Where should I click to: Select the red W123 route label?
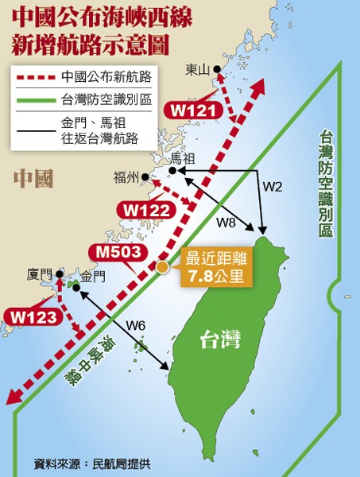(33, 316)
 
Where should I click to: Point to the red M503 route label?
(118, 253)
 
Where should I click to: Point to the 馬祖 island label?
(205, 159)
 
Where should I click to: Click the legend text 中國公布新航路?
(106, 77)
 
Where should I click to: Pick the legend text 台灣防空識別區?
(106, 100)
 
